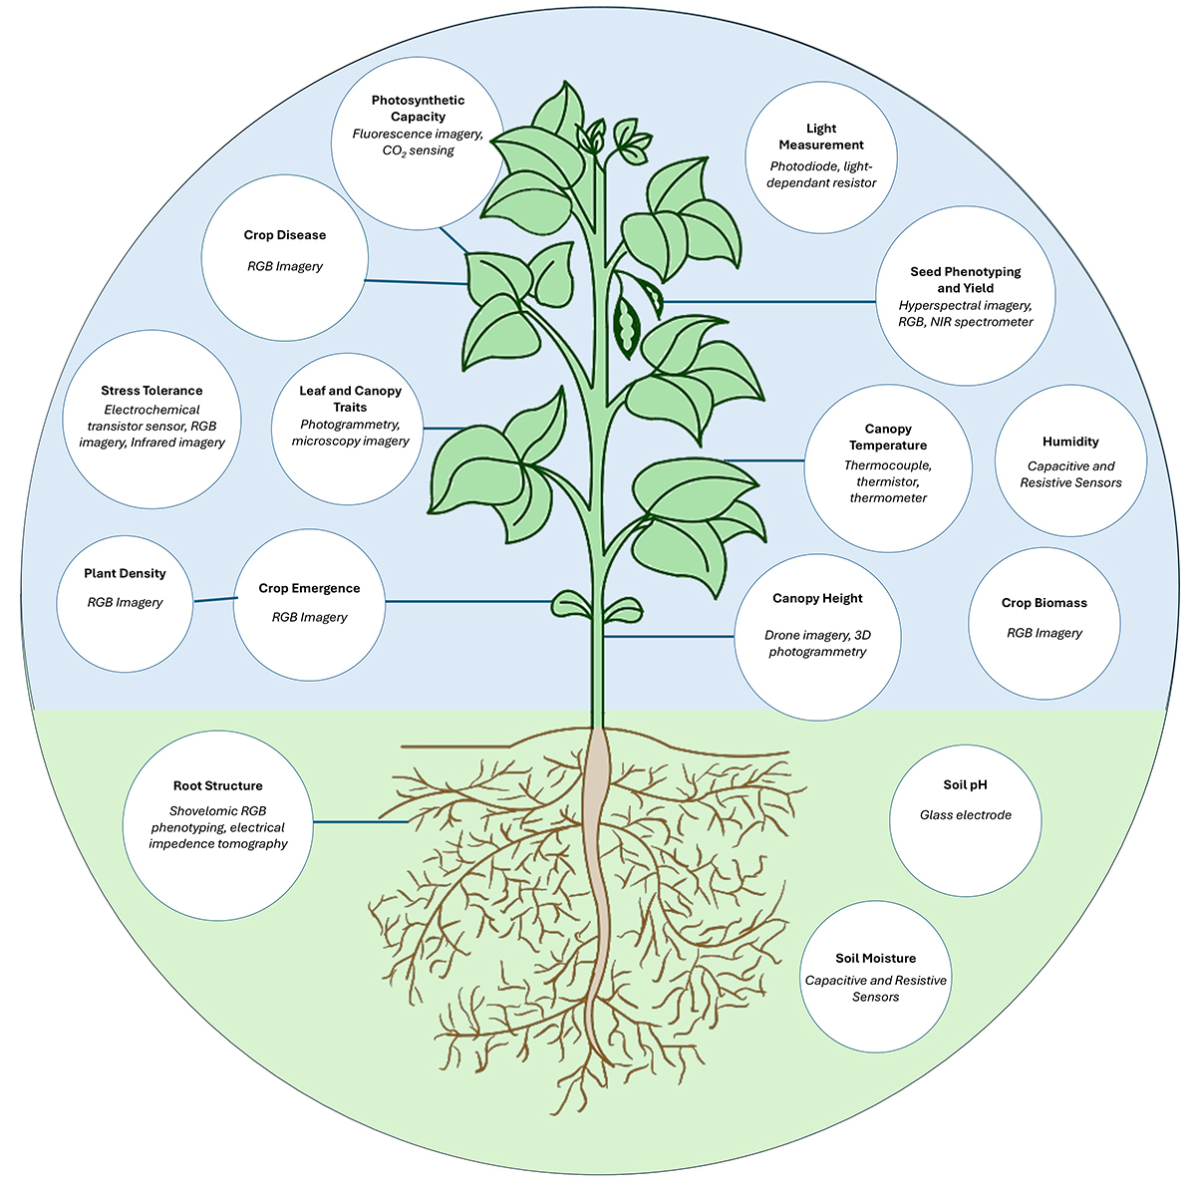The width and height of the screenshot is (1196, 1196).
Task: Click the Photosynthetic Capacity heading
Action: coord(418,109)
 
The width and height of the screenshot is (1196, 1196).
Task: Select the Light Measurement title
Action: coord(821,137)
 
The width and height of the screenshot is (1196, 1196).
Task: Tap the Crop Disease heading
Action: coord(285,235)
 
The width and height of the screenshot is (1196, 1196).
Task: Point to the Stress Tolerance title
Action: coord(151,391)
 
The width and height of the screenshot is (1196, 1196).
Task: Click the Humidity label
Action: coord(1070,442)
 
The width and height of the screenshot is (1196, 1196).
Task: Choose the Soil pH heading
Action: coord(965,785)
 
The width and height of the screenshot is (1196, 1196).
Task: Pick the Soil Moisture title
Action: coord(875,959)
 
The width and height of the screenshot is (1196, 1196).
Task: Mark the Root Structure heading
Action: coord(218,786)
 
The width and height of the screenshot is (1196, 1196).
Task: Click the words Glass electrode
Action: coord(965,815)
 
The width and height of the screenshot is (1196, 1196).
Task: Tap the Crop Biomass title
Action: coord(1044,603)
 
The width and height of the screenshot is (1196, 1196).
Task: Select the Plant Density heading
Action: coord(125,574)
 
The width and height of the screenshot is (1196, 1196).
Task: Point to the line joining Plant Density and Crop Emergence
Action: coord(214,599)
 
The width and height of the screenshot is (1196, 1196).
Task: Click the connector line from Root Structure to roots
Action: coord(359,822)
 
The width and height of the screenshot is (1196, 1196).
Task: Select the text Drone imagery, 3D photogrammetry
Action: coord(817,644)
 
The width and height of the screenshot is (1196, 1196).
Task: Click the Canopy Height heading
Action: coord(817,599)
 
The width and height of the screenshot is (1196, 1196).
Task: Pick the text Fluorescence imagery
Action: coord(417,134)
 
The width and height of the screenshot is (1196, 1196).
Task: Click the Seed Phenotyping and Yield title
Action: coord(965,279)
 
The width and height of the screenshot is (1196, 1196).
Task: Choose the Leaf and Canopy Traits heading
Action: coord(350,399)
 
